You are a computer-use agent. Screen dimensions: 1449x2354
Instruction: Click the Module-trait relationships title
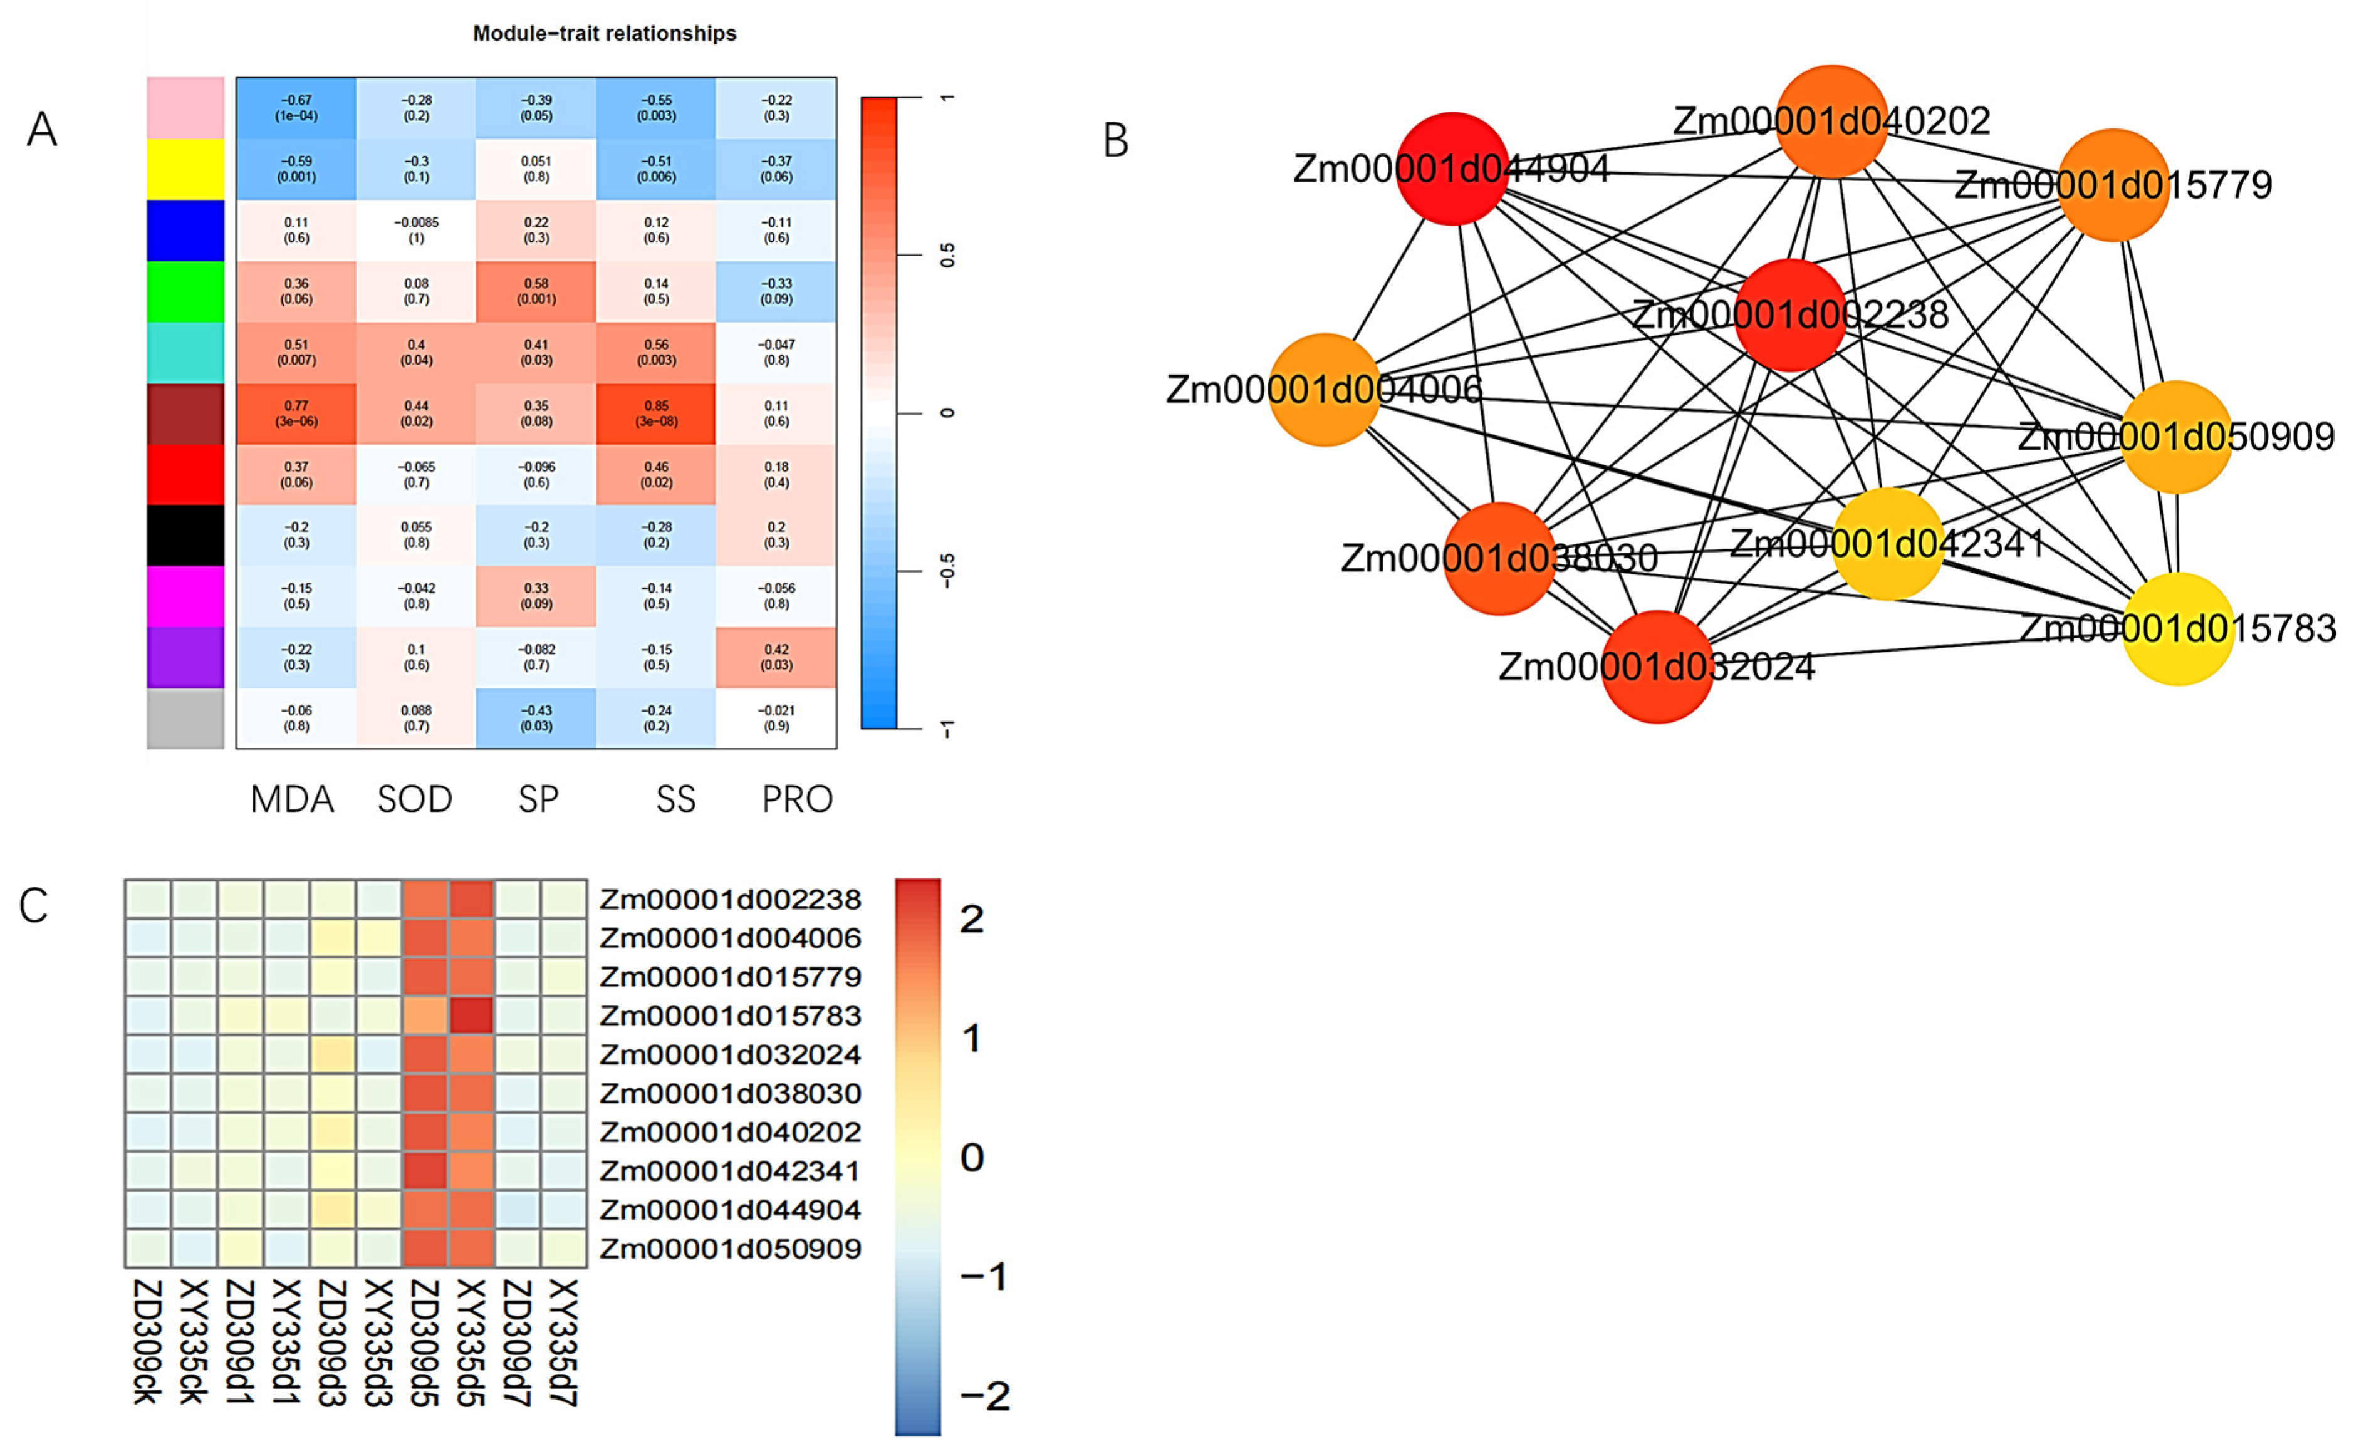tap(605, 34)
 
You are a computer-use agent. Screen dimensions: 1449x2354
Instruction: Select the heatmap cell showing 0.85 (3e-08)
tap(655, 414)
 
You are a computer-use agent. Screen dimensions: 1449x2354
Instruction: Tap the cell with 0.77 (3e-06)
tap(296, 414)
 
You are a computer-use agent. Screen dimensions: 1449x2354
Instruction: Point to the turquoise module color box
tap(185, 353)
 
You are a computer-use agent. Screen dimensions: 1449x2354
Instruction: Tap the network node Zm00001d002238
tap(1789, 314)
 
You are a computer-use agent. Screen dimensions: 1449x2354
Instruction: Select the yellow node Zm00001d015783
tap(2178, 629)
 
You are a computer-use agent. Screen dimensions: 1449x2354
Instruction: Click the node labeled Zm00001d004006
tap(1325, 389)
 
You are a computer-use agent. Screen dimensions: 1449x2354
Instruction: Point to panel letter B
tap(1116, 141)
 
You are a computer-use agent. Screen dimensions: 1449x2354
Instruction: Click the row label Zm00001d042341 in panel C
tap(729, 1171)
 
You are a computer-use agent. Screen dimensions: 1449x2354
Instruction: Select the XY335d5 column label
tap(470, 1342)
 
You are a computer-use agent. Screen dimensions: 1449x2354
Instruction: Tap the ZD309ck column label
tap(146, 1342)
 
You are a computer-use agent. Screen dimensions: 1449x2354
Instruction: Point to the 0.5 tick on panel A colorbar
tap(947, 256)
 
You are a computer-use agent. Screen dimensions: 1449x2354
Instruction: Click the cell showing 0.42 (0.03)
tap(776, 657)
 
